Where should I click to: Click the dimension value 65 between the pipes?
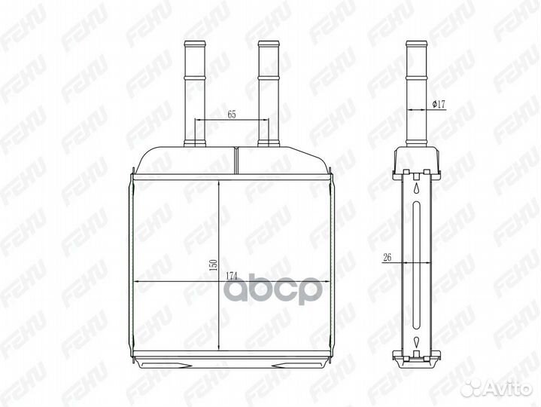pyautogui.click(x=232, y=115)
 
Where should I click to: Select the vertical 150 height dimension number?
pyautogui.click(x=213, y=265)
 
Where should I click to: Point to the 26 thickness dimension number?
pyautogui.click(x=388, y=258)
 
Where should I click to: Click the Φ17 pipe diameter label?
pyautogui.click(x=440, y=105)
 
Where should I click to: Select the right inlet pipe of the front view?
pyautogui.click(x=268, y=90)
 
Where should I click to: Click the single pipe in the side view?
pyautogui.click(x=416, y=90)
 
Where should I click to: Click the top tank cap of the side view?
pyautogui.click(x=416, y=158)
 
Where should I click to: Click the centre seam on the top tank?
pyautogui.click(x=236, y=159)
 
